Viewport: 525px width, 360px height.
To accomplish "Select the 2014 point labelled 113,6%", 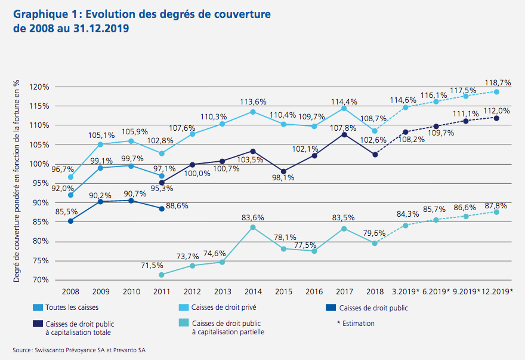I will click(253, 112).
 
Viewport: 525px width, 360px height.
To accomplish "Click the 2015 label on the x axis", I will click(283, 291).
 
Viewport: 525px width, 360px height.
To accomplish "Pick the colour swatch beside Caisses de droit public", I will click(329, 308).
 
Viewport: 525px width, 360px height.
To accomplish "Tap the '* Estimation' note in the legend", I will click(356, 324).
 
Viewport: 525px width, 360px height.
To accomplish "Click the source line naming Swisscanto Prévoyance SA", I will click(79, 350).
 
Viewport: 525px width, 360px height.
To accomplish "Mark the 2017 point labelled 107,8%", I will click(344, 134).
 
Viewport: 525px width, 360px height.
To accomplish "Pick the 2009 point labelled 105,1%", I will click(101, 144).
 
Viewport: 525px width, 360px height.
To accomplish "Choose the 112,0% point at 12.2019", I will click(496, 118).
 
